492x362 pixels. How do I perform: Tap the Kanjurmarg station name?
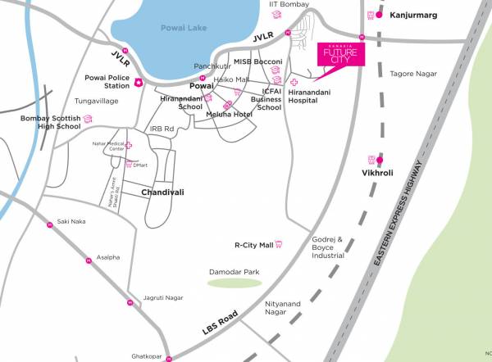pos(412,15)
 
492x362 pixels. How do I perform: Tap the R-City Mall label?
pos(253,244)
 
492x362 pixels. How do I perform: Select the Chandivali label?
pos(163,192)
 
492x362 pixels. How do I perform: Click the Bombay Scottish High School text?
pos(50,123)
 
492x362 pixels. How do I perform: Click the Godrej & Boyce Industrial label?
pos(328,247)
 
